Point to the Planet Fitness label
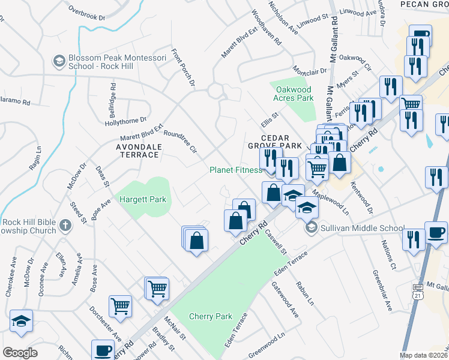235,170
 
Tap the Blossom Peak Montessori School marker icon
59,61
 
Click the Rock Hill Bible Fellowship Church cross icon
65,226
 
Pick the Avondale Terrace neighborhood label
137,150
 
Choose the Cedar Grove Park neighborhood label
274,142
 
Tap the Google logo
20,353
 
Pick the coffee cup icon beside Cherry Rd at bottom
102,349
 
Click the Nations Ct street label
389,254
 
